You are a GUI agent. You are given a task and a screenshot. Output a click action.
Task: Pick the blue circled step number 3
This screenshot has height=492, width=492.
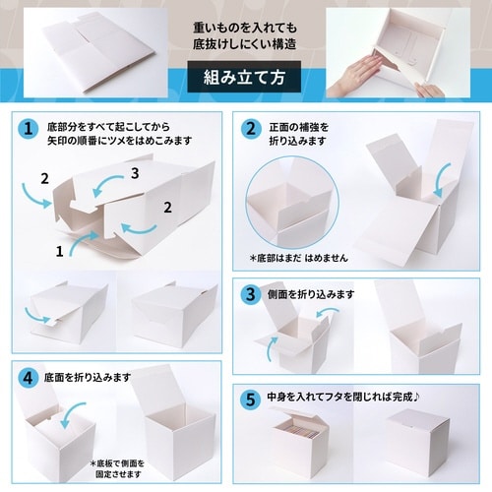[252, 293]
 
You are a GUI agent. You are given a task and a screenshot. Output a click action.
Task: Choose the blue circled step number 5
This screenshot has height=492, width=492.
[252, 398]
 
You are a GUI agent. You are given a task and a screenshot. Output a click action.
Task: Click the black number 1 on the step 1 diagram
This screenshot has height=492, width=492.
[60, 251]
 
